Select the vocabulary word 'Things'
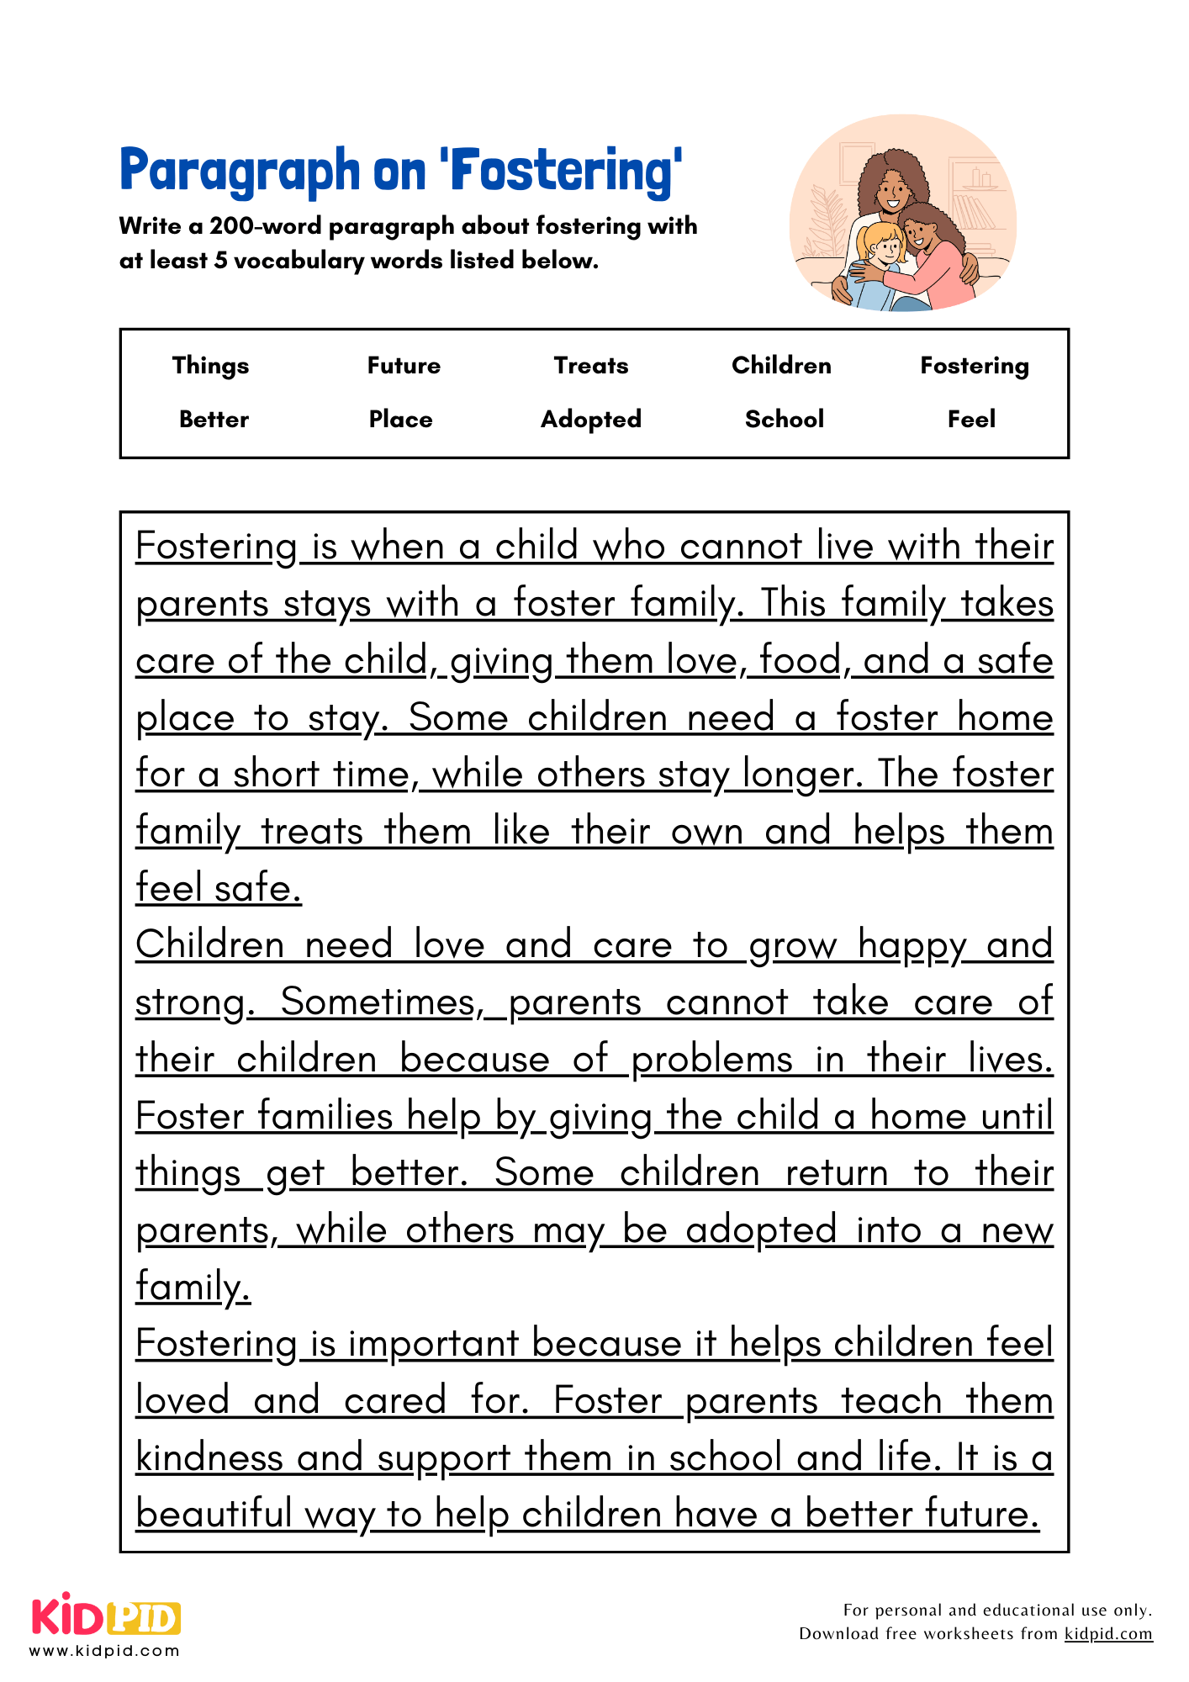pyautogui.click(x=210, y=366)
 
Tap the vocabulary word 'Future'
pyautogui.click(x=404, y=366)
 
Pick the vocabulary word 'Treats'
pyautogui.click(x=591, y=366)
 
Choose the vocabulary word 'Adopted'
pyautogui.click(x=591, y=419)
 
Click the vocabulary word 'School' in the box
pyautogui.click(x=784, y=419)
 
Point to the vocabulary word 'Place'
pyautogui.click(x=400, y=419)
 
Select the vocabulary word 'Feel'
pyautogui.click(x=971, y=419)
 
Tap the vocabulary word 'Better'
pyautogui.click(x=214, y=419)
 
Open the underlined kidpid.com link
pyautogui.click(x=1108, y=1633)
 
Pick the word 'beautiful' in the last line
pyautogui.click(x=214, y=1514)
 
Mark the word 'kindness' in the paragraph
pyautogui.click(x=209, y=1457)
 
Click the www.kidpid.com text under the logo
pyautogui.click(x=104, y=1651)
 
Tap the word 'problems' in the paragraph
pyautogui.click(x=711, y=1060)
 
